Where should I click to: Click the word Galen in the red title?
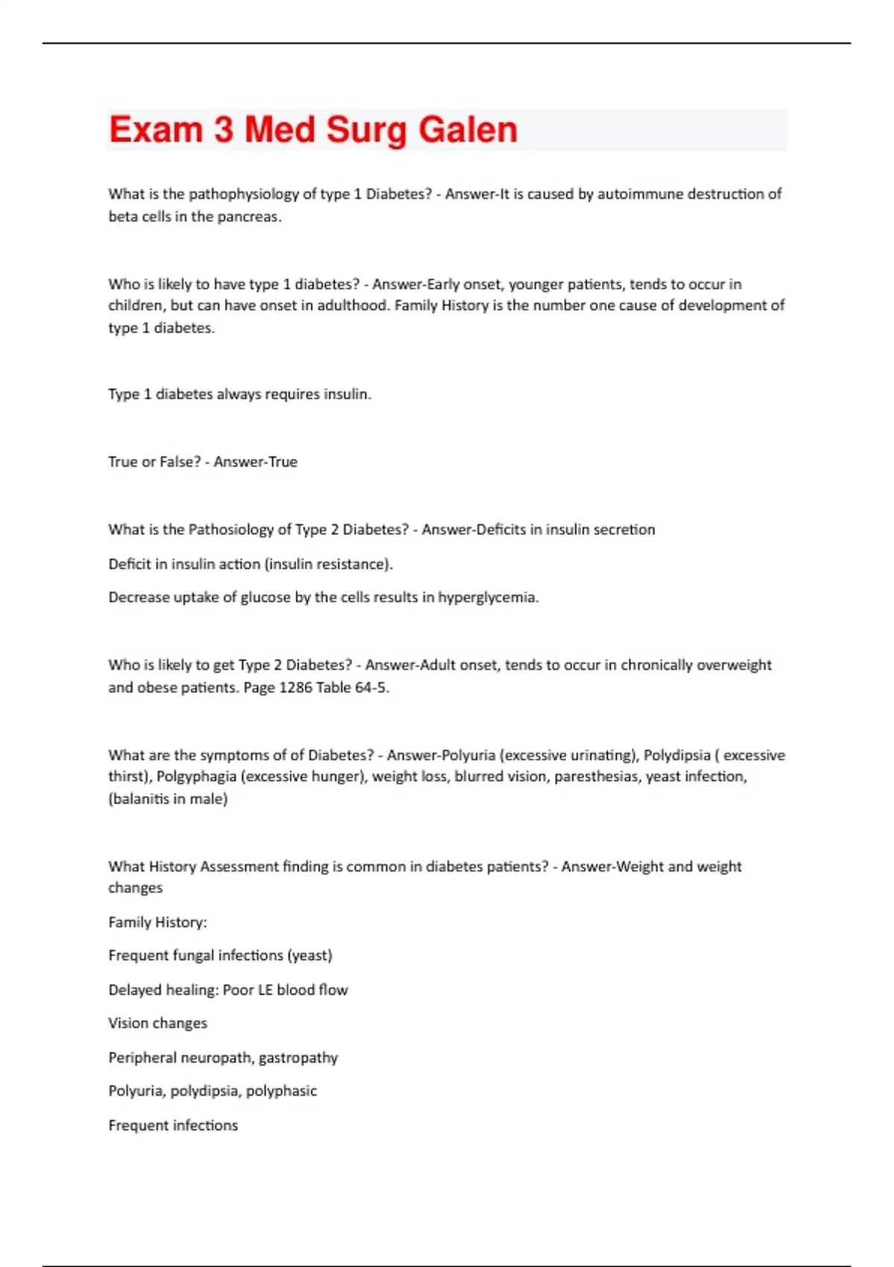[467, 130]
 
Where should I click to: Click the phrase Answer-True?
[256, 462]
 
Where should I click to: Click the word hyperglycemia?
[487, 598]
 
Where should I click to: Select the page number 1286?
[295, 688]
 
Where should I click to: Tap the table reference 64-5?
[372, 688]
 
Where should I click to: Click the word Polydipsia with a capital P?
[676, 755]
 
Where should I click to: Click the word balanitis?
[143, 799]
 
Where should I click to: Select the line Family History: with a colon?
[157, 923]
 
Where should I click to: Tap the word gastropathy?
[298, 1058]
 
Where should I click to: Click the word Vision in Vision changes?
[127, 1023]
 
